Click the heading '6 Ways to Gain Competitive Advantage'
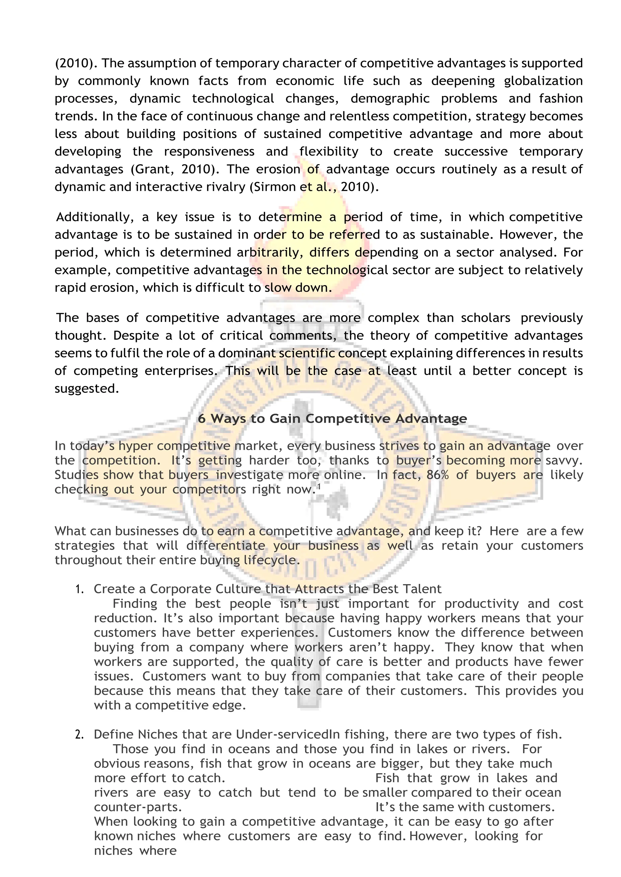click(x=332, y=419)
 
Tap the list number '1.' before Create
click(x=79, y=589)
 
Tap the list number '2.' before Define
click(x=79, y=735)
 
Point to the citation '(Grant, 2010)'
click(x=173, y=169)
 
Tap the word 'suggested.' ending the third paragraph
click(x=87, y=389)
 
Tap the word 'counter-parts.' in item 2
click(x=138, y=807)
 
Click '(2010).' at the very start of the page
click(x=76, y=63)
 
